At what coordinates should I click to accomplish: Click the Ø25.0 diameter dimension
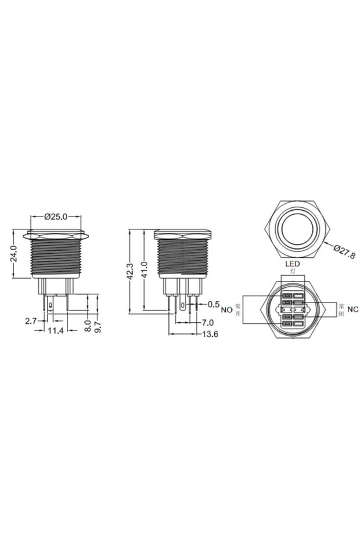(56, 216)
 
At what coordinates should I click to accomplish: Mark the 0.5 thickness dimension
(213, 304)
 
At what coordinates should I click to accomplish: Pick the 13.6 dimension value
(211, 334)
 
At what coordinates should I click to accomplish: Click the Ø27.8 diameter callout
(344, 251)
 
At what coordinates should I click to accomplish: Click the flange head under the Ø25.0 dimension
(56, 236)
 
